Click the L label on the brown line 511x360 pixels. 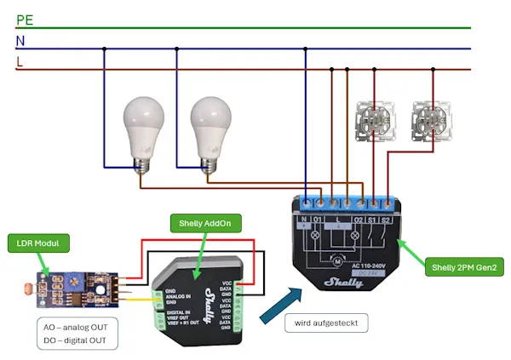(20, 61)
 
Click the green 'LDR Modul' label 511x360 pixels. (36, 245)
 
